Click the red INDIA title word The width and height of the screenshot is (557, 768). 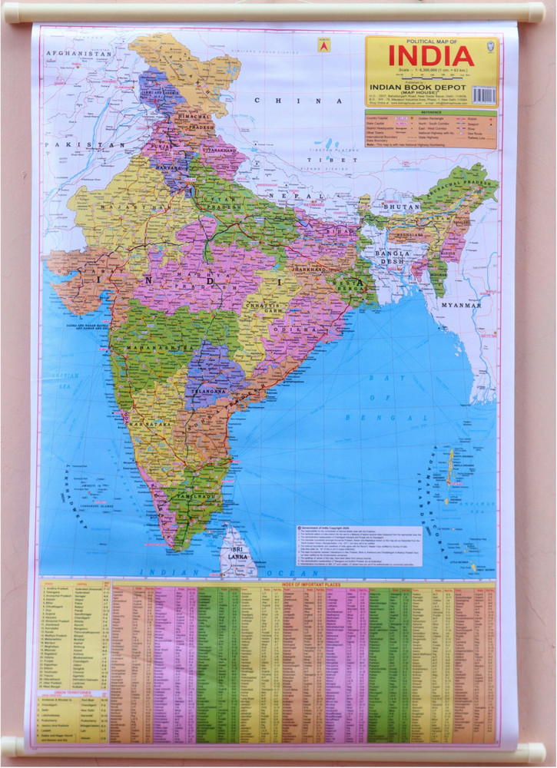click(x=430, y=56)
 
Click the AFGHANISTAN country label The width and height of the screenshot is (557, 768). click(x=78, y=54)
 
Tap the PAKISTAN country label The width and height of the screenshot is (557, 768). click(x=75, y=144)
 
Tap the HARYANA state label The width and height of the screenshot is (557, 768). click(x=169, y=167)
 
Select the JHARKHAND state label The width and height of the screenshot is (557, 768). click(x=309, y=270)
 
